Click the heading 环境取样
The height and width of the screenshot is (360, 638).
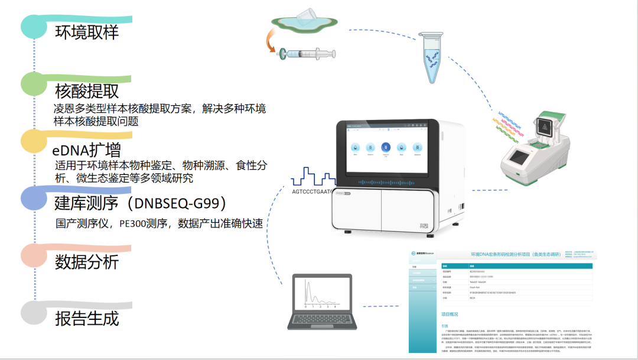tap(87, 32)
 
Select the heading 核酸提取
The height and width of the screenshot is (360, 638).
tap(87, 91)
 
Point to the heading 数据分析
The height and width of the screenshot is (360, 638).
tap(87, 262)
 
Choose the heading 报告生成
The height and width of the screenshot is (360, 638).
tap(87, 319)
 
